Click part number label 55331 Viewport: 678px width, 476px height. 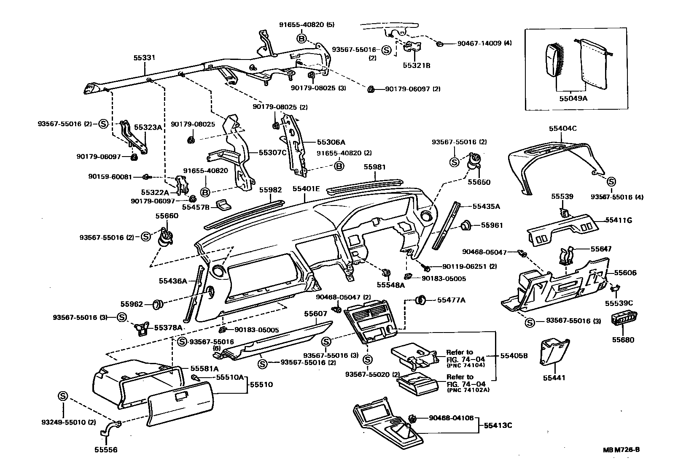point(145,59)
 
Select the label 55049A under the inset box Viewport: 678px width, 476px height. point(573,99)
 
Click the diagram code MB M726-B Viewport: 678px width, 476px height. point(621,449)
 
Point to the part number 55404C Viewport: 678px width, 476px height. point(562,128)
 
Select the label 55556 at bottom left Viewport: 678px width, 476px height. point(106,450)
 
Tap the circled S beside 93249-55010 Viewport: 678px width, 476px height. point(63,396)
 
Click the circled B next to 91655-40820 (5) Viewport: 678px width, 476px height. point(301,39)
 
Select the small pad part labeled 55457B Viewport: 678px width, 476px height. point(224,205)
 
